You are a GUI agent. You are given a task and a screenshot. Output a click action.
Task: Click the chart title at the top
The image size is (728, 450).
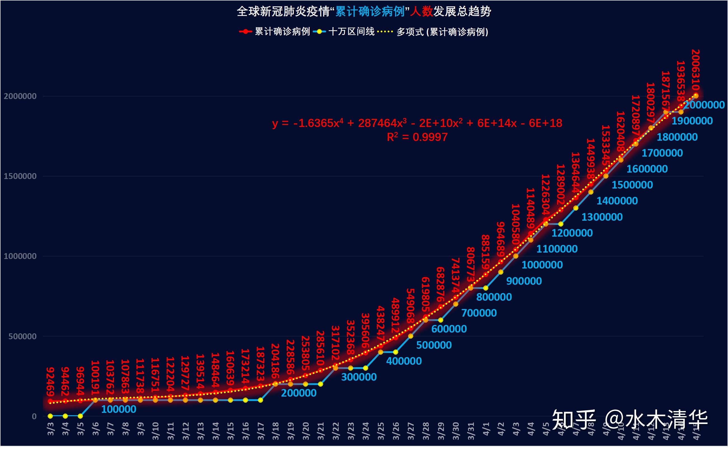click(364, 12)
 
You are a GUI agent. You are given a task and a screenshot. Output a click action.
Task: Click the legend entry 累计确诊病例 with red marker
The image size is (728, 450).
click(282, 32)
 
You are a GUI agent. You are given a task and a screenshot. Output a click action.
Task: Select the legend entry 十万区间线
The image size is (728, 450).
click(351, 32)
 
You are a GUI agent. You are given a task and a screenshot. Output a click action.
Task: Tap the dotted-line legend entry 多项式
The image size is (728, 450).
click(442, 32)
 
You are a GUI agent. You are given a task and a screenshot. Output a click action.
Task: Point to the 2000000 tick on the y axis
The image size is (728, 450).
click(20, 96)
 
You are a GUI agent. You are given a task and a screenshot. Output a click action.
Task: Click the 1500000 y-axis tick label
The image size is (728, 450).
click(20, 176)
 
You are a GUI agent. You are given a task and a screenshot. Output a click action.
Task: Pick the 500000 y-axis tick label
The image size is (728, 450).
click(22, 336)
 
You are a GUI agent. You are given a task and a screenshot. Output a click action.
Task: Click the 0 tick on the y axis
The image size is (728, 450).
click(34, 416)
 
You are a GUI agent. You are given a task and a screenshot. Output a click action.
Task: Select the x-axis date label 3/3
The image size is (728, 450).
click(51, 428)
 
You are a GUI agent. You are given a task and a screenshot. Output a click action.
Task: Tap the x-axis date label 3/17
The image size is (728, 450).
click(261, 430)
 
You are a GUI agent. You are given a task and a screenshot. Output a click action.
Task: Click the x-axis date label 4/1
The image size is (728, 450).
click(486, 428)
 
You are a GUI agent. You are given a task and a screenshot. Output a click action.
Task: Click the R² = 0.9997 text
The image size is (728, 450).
click(417, 137)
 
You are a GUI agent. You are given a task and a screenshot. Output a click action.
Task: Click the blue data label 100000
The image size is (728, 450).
click(118, 409)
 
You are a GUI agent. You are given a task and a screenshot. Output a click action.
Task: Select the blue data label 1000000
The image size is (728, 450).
click(542, 265)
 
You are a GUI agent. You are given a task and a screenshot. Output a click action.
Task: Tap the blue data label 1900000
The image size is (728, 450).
click(692, 121)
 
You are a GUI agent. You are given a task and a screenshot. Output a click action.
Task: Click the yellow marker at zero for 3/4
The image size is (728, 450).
click(65, 416)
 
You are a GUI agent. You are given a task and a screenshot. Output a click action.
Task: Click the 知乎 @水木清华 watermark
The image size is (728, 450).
click(630, 420)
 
